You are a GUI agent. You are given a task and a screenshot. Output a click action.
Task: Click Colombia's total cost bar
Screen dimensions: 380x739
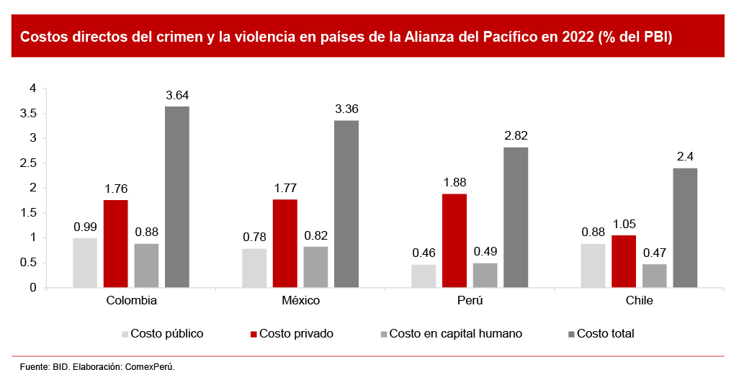[x=177, y=197]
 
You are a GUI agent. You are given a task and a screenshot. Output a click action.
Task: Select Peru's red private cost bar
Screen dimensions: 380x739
[x=454, y=240]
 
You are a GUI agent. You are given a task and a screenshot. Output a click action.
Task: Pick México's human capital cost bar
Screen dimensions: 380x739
[x=315, y=267]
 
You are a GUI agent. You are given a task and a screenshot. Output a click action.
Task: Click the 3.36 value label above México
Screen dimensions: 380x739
[x=346, y=109]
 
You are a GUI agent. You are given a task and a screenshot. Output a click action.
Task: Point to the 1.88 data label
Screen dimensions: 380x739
[x=454, y=183]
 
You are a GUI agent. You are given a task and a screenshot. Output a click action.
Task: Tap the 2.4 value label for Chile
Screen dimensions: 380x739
[x=685, y=157]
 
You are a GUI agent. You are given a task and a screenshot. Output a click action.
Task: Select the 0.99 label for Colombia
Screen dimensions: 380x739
[x=85, y=227]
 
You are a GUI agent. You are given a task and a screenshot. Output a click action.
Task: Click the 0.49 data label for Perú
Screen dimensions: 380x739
[x=485, y=252]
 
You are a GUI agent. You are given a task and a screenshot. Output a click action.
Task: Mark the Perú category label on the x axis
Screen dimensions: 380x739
[x=470, y=300]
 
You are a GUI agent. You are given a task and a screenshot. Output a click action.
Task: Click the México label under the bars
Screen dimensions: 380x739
[x=300, y=300]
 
